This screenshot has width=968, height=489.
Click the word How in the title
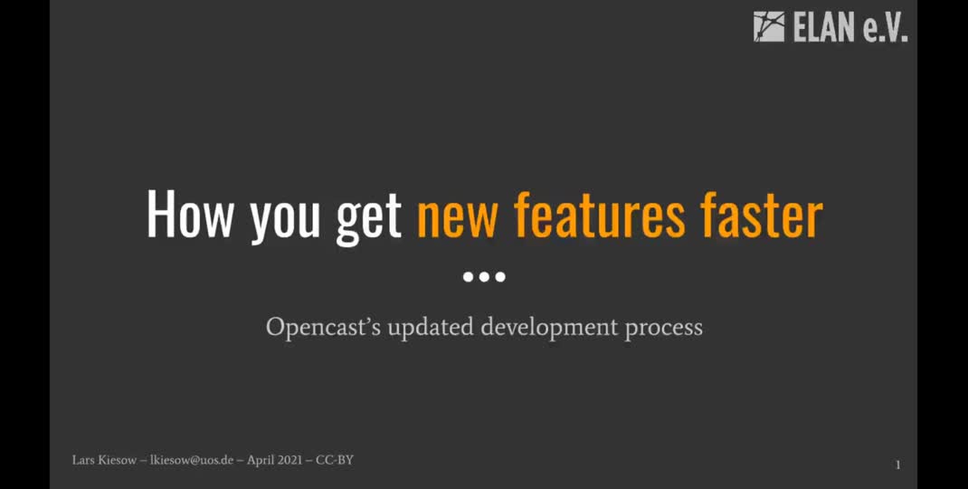pyautogui.click(x=190, y=215)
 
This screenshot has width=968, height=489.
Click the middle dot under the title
pyautogui.click(x=484, y=276)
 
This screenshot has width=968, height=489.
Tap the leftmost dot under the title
pyautogui.click(x=469, y=276)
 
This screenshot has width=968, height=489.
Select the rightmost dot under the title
pyautogui.click(x=500, y=276)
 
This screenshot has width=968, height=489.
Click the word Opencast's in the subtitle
pyautogui.click(x=323, y=327)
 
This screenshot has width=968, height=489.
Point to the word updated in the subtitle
pyautogui.click(x=431, y=327)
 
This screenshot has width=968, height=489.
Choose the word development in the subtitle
pyautogui.click(x=549, y=327)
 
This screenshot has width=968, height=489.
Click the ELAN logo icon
pyautogui.click(x=769, y=26)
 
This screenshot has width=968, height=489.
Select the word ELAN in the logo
pyautogui.click(x=822, y=28)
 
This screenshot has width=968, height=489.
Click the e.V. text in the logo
pyautogui.click(x=885, y=28)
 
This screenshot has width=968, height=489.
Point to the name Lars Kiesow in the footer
pyautogui.click(x=103, y=460)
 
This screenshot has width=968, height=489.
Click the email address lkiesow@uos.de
pyautogui.click(x=190, y=460)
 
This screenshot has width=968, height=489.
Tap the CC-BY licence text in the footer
pyautogui.click(x=335, y=460)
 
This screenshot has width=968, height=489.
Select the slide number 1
pyautogui.click(x=897, y=465)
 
